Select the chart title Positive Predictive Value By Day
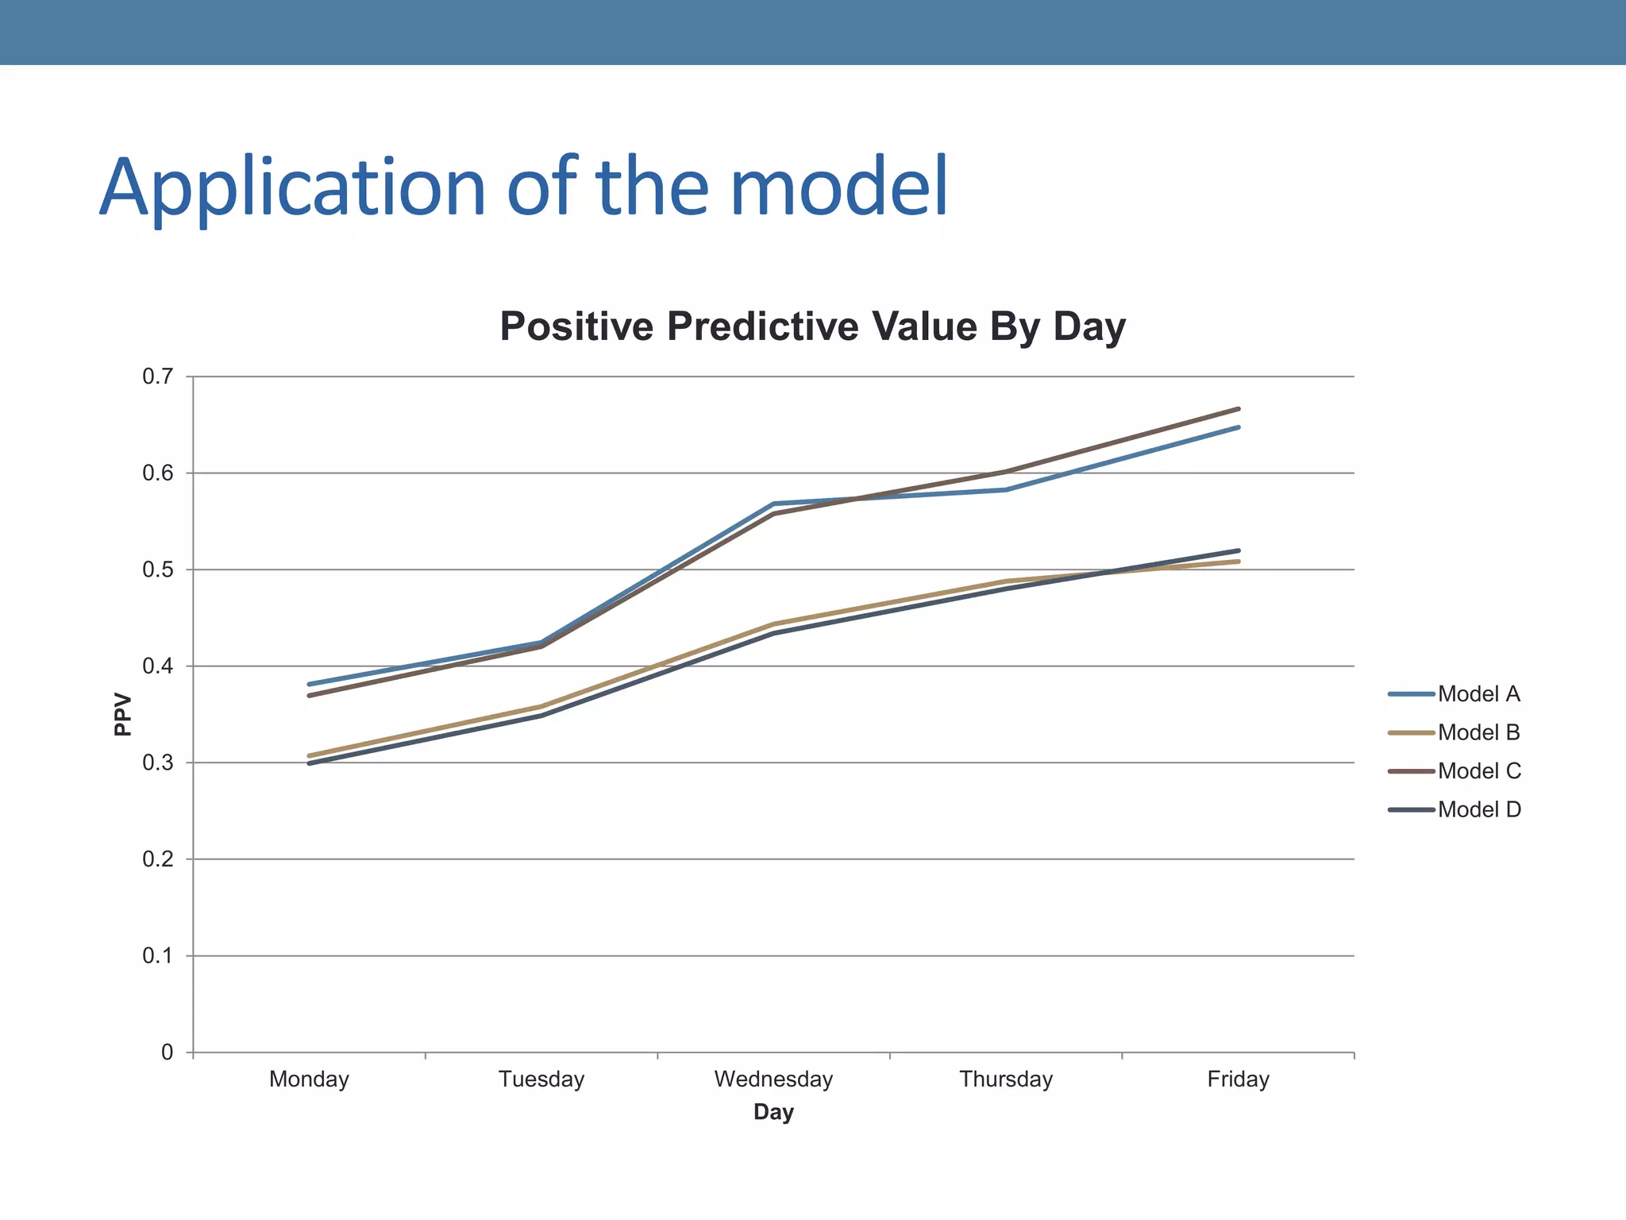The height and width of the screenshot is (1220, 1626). click(812, 326)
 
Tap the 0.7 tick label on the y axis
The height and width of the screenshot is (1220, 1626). click(157, 376)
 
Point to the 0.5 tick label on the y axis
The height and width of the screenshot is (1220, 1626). click(157, 569)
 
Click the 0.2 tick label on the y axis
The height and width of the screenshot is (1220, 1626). click(157, 859)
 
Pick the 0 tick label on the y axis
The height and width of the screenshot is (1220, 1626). click(167, 1052)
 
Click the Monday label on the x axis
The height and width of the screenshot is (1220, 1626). click(309, 1079)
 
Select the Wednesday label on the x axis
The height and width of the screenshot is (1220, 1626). click(773, 1079)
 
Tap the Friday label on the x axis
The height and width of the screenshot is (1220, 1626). click(1238, 1079)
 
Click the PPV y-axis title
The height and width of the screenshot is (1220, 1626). click(122, 714)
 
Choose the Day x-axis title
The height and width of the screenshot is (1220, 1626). click(773, 1112)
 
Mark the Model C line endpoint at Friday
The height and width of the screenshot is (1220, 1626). click(1238, 409)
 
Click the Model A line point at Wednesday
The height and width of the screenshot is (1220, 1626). click(773, 504)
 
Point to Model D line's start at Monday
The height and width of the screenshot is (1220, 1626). click(310, 763)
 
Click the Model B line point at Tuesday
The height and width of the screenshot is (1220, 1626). click(541, 706)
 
